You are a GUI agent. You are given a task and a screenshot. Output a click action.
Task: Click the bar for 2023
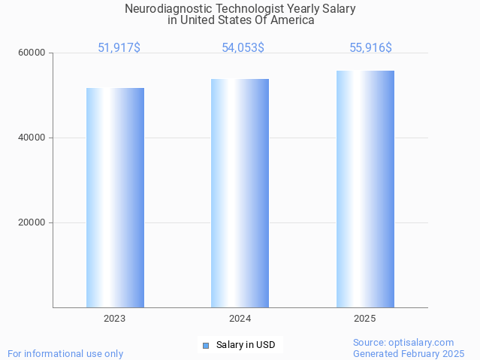[x=115, y=198]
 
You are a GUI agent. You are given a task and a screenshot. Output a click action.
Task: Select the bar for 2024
[x=240, y=193]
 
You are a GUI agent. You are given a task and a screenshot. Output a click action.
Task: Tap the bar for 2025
[x=365, y=189]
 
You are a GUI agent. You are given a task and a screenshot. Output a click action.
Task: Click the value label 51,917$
[x=119, y=47]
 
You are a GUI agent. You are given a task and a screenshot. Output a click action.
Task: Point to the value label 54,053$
[x=243, y=47]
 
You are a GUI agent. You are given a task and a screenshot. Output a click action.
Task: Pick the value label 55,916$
[x=370, y=47]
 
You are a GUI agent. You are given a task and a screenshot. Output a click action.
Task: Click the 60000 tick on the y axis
[x=32, y=53]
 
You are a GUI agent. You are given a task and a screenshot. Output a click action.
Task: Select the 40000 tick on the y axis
[x=32, y=138]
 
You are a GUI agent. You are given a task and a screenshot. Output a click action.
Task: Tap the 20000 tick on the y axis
[x=32, y=222]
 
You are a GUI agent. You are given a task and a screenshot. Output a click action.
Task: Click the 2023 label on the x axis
[x=115, y=319]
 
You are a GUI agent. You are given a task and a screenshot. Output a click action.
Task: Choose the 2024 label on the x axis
[x=240, y=319]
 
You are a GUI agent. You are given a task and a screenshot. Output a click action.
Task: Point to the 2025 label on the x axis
[x=365, y=319]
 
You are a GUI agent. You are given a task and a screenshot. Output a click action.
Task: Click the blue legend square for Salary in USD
[x=205, y=346]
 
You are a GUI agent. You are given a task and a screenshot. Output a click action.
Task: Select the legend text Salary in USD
[x=246, y=346]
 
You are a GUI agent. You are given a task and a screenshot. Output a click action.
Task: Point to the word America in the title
[x=293, y=20]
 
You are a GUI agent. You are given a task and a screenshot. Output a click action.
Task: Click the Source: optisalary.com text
[x=403, y=342]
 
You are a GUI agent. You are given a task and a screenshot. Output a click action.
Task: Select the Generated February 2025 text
[x=409, y=353]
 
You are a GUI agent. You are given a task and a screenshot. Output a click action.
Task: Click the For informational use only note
[x=65, y=353]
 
